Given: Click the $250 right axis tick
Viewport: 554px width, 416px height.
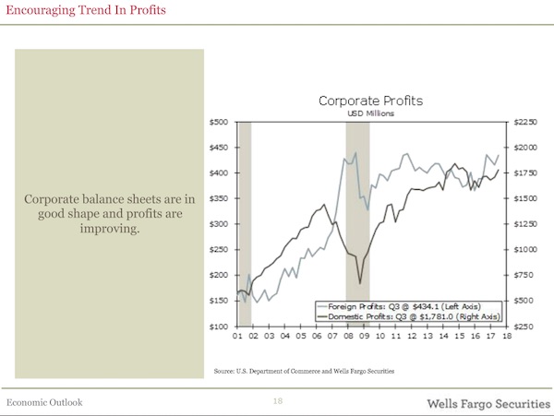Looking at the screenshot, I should click(x=524, y=327).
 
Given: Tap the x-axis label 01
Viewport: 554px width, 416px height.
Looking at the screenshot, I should click(x=237, y=337).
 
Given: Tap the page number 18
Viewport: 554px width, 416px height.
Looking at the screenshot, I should click(x=277, y=402).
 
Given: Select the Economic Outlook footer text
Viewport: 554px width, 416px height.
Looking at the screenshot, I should click(x=44, y=403).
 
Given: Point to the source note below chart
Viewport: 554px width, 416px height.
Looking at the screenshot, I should click(x=303, y=371).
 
